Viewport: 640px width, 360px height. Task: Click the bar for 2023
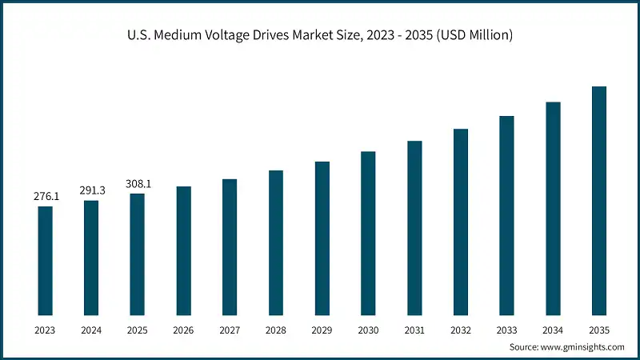45,260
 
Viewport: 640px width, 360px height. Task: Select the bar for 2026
183,250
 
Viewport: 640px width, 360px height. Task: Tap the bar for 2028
276,242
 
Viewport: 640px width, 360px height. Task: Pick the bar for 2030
368,233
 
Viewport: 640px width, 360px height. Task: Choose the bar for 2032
460,222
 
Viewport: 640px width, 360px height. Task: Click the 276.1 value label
45,196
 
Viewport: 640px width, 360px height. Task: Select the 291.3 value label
91,190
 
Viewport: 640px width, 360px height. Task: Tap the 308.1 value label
138,183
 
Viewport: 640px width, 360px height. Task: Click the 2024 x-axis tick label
91,329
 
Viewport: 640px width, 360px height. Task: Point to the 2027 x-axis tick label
230,329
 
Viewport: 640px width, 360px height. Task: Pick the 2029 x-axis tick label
322,329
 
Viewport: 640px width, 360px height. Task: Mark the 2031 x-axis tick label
414,329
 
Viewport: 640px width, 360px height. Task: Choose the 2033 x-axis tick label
506,329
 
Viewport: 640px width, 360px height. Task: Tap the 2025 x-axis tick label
138,329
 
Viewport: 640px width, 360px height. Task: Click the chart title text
320,35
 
